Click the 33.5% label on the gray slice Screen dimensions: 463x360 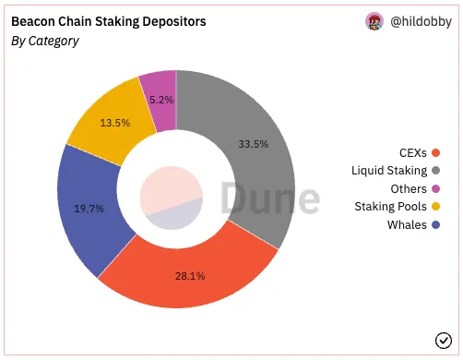(254, 144)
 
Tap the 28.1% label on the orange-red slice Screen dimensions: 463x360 (190, 276)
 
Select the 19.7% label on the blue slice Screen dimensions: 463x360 (89, 209)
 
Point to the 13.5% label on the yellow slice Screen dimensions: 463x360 (115, 123)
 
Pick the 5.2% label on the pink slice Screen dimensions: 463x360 (161, 100)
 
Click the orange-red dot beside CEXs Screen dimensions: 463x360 (435, 152)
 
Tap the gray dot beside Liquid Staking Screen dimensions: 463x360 (435, 171)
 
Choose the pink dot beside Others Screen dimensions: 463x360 (435, 188)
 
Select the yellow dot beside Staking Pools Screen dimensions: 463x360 (435, 207)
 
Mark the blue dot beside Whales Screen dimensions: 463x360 (435, 225)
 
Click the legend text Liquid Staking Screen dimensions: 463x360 (389, 171)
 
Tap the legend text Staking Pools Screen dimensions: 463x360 (390, 207)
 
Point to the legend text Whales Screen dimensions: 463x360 (407, 225)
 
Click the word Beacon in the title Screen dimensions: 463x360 (33, 21)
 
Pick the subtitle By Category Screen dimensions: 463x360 (45, 42)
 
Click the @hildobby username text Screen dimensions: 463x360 (421, 21)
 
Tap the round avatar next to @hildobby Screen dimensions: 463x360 (374, 21)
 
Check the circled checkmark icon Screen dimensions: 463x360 (444, 341)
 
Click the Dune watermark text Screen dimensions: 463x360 (270, 198)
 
